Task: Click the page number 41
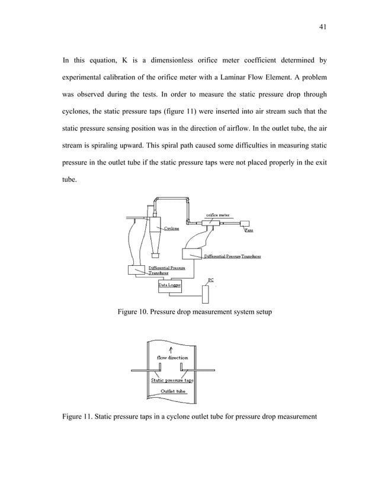coord(306,27)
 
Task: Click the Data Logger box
coord(169,285)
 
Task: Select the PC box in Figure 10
coord(206,294)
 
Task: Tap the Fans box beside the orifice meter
coord(245,224)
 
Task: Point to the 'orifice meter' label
coord(218,215)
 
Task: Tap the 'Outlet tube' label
coord(174,391)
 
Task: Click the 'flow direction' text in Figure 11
coord(172,358)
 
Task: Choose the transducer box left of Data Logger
coord(137,270)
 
